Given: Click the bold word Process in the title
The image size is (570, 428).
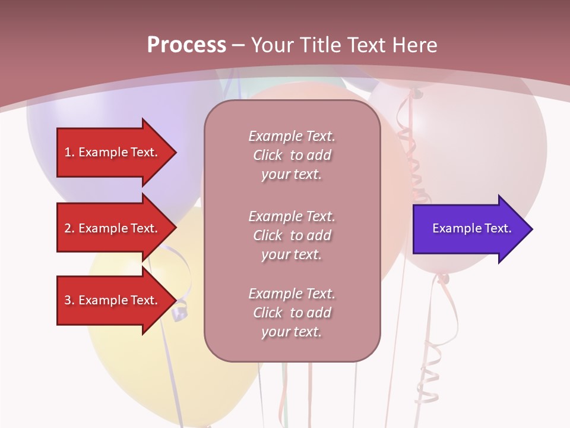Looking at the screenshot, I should (186, 45).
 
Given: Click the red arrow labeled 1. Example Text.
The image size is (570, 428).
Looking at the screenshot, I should (113, 152).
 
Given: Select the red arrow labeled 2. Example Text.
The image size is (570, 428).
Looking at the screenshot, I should (113, 228).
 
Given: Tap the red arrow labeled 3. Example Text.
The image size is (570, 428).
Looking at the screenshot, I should (113, 300).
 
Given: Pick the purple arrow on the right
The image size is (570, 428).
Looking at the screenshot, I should (469, 229).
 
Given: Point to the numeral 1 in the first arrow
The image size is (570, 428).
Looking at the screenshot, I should (68, 152).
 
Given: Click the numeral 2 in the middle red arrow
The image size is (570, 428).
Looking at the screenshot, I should (68, 228).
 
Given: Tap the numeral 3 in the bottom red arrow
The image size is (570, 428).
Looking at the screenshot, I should (68, 300).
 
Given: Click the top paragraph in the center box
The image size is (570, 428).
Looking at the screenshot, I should (292, 155).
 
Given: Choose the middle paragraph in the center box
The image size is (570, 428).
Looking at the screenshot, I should (292, 235).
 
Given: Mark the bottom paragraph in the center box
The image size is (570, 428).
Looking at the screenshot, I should (292, 313).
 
